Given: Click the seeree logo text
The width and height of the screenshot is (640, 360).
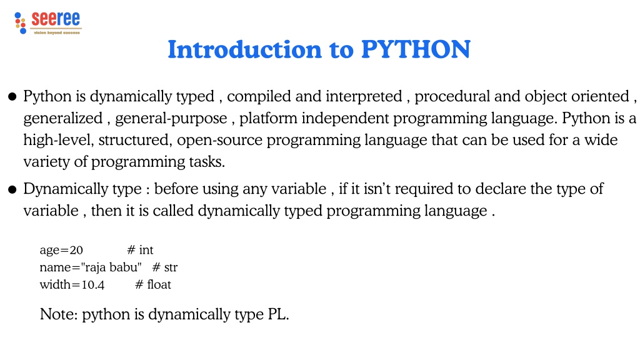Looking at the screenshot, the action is (x=56, y=19).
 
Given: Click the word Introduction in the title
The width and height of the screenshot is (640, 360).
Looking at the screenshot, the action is (x=244, y=49).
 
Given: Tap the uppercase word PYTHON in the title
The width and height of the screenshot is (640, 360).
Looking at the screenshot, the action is (x=416, y=49).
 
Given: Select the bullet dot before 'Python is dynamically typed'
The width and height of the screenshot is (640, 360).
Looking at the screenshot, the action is (x=12, y=97).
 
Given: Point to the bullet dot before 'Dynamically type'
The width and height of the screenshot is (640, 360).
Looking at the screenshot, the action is (x=12, y=189).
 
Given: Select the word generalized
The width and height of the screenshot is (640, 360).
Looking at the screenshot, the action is (x=63, y=119).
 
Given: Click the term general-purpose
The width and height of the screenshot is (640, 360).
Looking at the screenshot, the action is (x=171, y=119).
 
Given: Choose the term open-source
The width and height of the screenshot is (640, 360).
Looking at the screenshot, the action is (x=219, y=141).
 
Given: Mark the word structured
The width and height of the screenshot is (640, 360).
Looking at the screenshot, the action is (x=134, y=140).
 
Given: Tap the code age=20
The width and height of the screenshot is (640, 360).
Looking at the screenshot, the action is (x=61, y=250).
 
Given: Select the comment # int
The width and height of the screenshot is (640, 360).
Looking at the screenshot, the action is (x=141, y=250).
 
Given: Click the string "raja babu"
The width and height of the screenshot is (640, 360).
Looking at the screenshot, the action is (x=111, y=267).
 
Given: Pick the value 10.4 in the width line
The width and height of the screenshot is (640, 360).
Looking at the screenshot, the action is (x=92, y=284).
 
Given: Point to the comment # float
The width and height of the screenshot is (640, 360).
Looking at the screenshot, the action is (x=153, y=284).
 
